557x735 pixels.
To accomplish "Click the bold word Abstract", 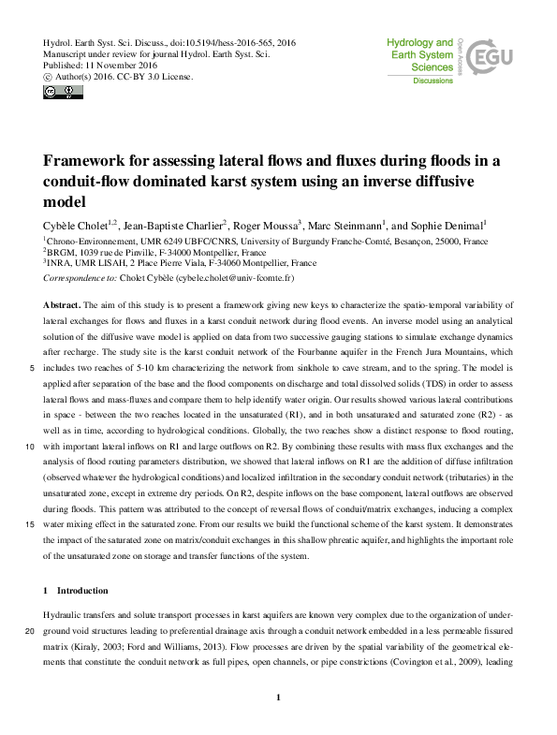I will coord(62,306).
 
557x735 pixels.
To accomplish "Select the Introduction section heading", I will coord(81,591).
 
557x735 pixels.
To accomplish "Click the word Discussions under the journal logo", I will coord(432,81).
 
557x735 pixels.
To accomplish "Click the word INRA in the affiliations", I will coord(61,264).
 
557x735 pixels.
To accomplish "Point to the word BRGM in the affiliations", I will coord(63,253).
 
